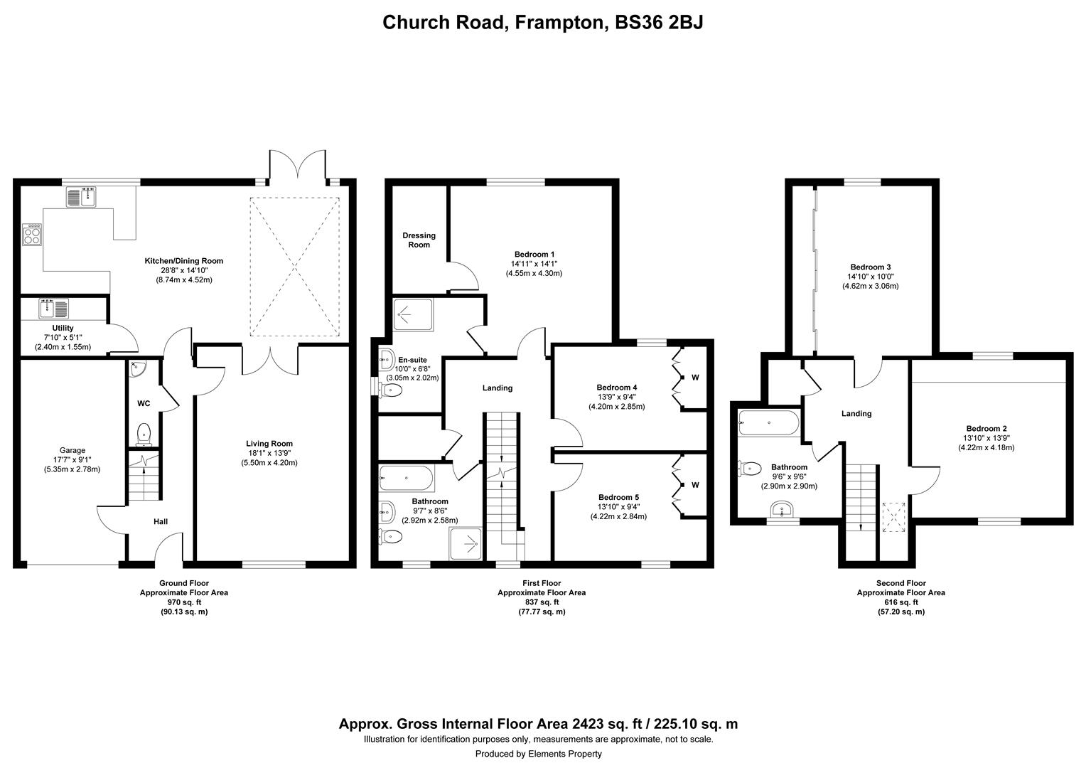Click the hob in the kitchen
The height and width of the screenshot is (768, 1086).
pyautogui.click(x=32, y=235)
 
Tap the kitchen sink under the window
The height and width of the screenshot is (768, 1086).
pyautogui.click(x=82, y=197)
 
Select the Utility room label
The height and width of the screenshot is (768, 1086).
pyautogui.click(x=63, y=328)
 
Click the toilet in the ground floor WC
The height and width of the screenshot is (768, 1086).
pyautogui.click(x=144, y=434)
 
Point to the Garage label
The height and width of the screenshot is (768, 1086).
pyautogui.click(x=72, y=450)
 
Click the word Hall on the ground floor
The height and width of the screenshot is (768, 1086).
pyautogui.click(x=161, y=521)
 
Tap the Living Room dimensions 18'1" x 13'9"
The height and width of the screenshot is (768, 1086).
pyautogui.click(x=269, y=453)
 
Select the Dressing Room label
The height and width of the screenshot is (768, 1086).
pyautogui.click(x=419, y=240)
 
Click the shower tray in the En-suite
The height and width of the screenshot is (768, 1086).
pyautogui.click(x=413, y=315)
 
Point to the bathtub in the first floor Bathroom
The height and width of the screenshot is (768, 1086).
pyautogui.click(x=407, y=479)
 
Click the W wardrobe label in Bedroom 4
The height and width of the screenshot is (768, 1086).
pyautogui.click(x=695, y=378)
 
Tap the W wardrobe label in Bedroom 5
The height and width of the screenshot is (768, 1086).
pyautogui.click(x=695, y=485)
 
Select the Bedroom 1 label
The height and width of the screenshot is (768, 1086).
pyautogui.click(x=534, y=254)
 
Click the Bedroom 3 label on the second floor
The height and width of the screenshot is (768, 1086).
pyautogui.click(x=870, y=267)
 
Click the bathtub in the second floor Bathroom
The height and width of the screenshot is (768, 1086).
pyautogui.click(x=769, y=423)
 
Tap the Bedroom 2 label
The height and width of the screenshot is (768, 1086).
pyautogui.click(x=986, y=428)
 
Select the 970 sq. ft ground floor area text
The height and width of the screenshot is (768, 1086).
pyautogui.click(x=184, y=602)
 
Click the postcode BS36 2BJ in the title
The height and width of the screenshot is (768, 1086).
pyautogui.click(x=659, y=22)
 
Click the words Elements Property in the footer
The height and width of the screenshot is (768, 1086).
pyautogui.click(x=565, y=754)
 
